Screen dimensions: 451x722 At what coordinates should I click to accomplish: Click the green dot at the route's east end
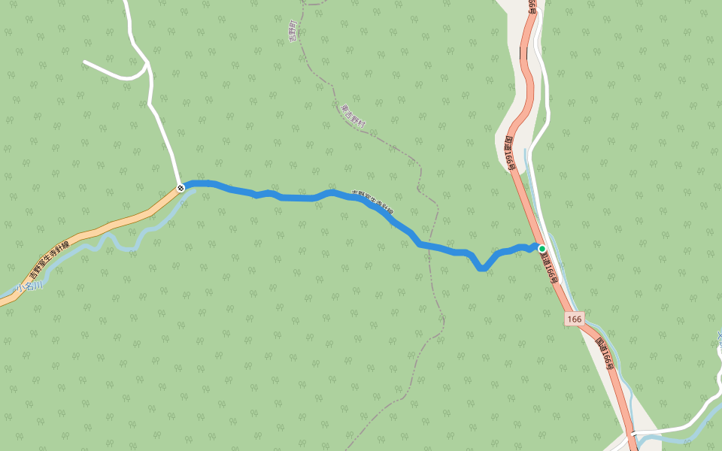tap(541, 248)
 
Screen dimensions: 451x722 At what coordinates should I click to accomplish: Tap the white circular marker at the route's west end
tap(180, 188)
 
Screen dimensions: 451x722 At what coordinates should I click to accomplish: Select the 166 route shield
tap(575, 319)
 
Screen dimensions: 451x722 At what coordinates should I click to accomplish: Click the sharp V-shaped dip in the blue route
tap(482, 268)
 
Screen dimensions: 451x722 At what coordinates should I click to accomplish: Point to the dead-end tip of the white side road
tap(85, 62)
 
